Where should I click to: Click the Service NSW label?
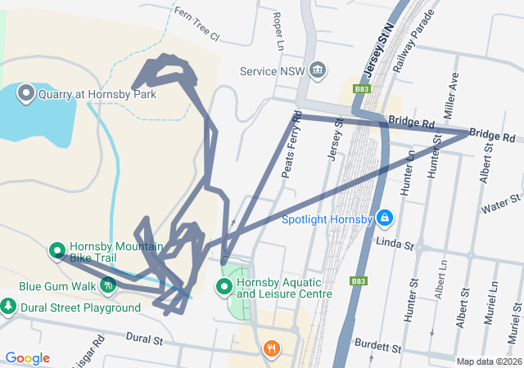click(x=272, y=71)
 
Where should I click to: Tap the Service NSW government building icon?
click(x=318, y=71)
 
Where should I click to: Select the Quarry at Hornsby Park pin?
click(x=25, y=93)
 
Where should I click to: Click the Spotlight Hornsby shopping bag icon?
click(x=385, y=219)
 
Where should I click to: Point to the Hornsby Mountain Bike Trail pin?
click(x=57, y=250)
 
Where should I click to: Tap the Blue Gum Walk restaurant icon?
click(x=108, y=285)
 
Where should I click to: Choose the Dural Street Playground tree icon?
click(x=8, y=307)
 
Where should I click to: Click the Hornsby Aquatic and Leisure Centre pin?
click(x=223, y=286)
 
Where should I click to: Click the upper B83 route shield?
click(x=363, y=88)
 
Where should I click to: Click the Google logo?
click(x=27, y=358)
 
